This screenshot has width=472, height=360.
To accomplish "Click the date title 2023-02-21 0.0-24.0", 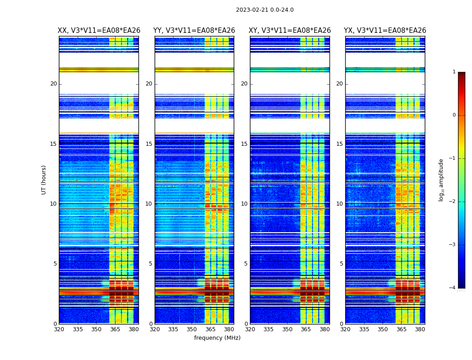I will [x=265, y=10].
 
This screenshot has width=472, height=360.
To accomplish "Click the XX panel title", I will [x=99, y=31].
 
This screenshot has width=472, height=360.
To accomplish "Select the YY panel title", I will [x=194, y=31].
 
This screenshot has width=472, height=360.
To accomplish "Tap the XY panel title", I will [x=290, y=31].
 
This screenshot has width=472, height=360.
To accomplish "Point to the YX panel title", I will [x=385, y=31].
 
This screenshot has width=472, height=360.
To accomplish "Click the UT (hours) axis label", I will [x=44, y=180].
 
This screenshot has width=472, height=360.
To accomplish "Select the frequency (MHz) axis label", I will [x=217, y=338].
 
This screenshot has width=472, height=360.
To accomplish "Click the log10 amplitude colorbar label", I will [x=441, y=180].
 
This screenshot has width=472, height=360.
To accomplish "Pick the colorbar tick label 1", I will [x=454, y=72].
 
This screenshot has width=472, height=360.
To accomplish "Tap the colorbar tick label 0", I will [x=454, y=115].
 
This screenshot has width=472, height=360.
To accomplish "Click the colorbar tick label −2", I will [x=452, y=202].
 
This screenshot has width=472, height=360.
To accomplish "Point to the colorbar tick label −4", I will [x=452, y=288].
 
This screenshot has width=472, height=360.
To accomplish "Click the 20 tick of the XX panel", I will [x=53, y=84].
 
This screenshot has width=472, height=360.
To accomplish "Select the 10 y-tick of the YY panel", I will [x=149, y=204].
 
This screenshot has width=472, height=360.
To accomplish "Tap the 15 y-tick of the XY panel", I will [x=244, y=144].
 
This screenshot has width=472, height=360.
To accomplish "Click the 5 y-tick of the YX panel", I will [x=341, y=264].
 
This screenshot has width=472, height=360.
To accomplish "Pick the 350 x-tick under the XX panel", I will [x=96, y=329].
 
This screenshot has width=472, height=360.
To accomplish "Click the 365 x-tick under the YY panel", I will [x=210, y=329].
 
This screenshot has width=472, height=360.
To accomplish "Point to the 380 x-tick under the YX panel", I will [x=420, y=329].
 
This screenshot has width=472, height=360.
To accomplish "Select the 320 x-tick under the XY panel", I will [x=250, y=329].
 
